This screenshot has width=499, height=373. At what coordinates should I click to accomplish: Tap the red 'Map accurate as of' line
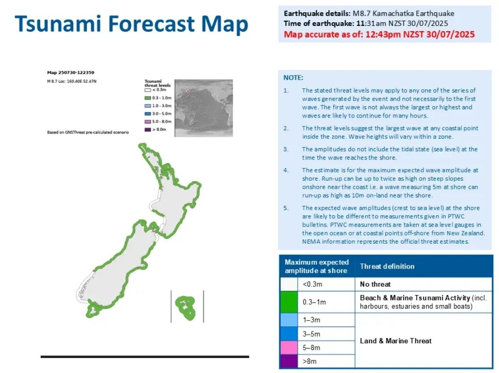click(379, 34)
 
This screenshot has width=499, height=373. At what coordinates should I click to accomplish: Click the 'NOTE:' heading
click(293, 77)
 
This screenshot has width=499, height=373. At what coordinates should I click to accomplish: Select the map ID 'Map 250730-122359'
click(71, 73)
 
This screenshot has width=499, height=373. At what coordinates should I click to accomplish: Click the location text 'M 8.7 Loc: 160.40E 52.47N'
click(72, 81)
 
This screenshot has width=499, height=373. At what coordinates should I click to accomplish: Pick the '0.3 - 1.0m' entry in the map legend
click(158, 98)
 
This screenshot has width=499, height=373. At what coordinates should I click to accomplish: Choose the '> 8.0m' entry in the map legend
click(155, 129)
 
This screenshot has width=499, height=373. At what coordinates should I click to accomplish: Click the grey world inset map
click(204, 108)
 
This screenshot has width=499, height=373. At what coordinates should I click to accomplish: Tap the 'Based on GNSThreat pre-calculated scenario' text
click(88, 132)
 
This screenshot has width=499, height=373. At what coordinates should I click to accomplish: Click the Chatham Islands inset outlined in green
click(185, 308)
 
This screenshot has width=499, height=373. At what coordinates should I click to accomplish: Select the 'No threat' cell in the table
click(375, 284)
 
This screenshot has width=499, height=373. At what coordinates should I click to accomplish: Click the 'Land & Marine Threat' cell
click(396, 341)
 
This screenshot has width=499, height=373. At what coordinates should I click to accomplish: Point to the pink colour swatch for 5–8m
click(289, 348)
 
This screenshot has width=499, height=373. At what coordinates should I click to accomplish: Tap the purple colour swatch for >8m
click(289, 361)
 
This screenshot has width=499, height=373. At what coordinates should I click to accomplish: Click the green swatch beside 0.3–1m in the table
click(289, 302)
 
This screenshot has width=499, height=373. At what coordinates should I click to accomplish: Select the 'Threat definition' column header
click(387, 266)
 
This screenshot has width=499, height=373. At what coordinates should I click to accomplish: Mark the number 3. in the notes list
click(286, 149)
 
